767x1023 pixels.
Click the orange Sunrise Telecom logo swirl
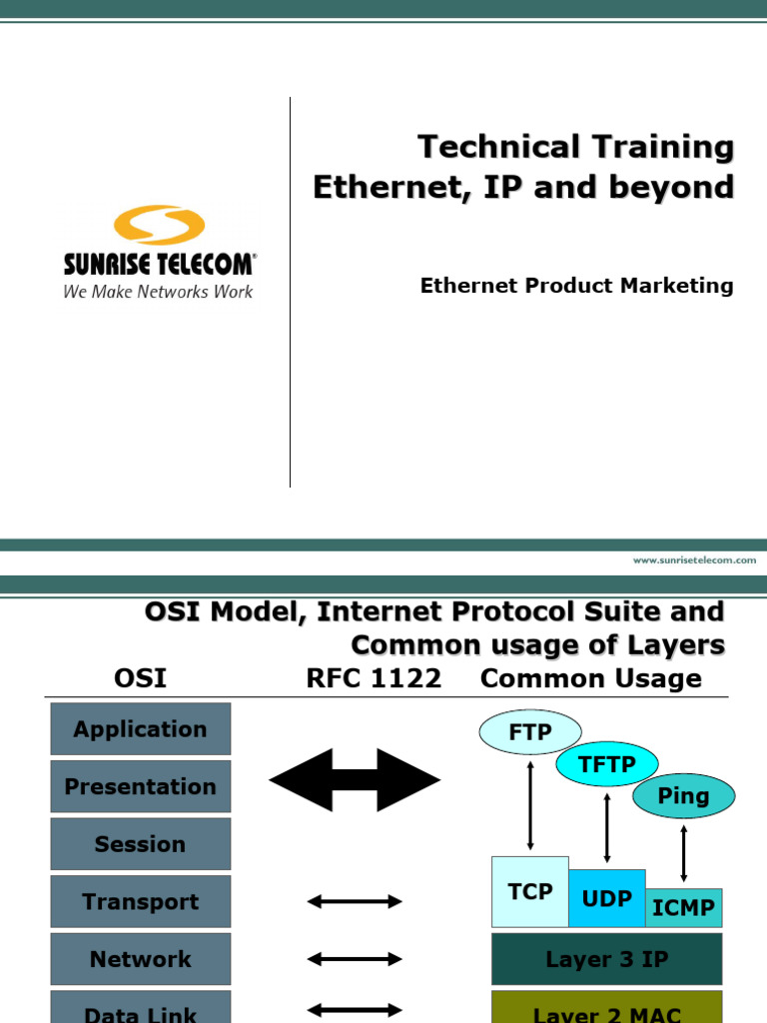pyautogui.click(x=160, y=225)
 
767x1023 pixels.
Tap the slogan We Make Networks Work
pyautogui.click(x=158, y=292)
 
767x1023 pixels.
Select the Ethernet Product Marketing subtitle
pyautogui.click(x=576, y=286)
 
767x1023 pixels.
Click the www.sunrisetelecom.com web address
pyautogui.click(x=694, y=560)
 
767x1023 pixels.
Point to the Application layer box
pyautogui.click(x=140, y=729)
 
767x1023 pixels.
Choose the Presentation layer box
pyautogui.click(x=140, y=786)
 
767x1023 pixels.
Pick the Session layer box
pyautogui.click(x=140, y=844)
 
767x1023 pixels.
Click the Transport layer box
pyautogui.click(x=140, y=902)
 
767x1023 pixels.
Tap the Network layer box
pyautogui.click(x=140, y=959)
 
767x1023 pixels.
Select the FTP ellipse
pyautogui.click(x=529, y=732)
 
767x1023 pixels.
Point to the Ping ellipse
pyautogui.click(x=683, y=796)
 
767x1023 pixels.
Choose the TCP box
pyautogui.click(x=530, y=891)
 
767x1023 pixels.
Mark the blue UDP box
pyautogui.click(x=607, y=898)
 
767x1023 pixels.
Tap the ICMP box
pyautogui.click(x=683, y=907)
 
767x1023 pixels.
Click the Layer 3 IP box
pyautogui.click(x=606, y=959)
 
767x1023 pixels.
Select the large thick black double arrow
pyautogui.click(x=355, y=779)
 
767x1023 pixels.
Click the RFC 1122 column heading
pyautogui.click(x=374, y=679)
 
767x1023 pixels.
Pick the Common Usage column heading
pyautogui.click(x=590, y=679)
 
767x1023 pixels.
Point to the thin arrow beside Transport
pyautogui.click(x=355, y=902)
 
